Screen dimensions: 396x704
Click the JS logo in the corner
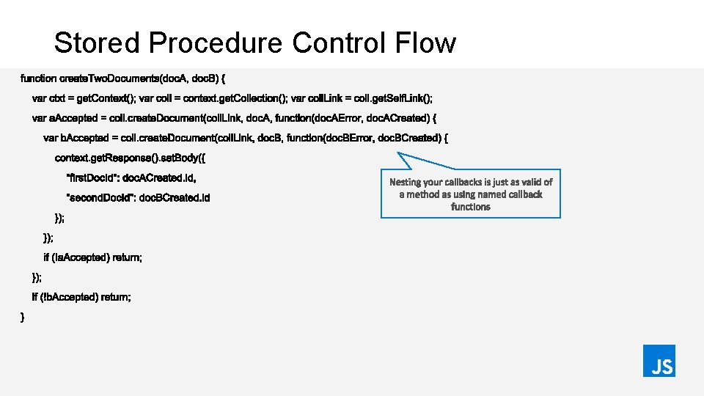(x=659, y=361)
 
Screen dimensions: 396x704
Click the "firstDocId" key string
(x=92, y=177)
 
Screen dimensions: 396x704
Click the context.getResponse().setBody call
(x=126, y=158)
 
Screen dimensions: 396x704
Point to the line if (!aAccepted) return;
(x=93, y=257)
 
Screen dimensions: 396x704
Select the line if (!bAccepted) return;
(x=81, y=297)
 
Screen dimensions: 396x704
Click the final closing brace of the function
(x=23, y=317)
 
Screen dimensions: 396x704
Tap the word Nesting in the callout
(x=405, y=182)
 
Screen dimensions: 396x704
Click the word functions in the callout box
(x=470, y=207)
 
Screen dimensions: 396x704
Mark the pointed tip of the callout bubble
(x=397, y=153)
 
